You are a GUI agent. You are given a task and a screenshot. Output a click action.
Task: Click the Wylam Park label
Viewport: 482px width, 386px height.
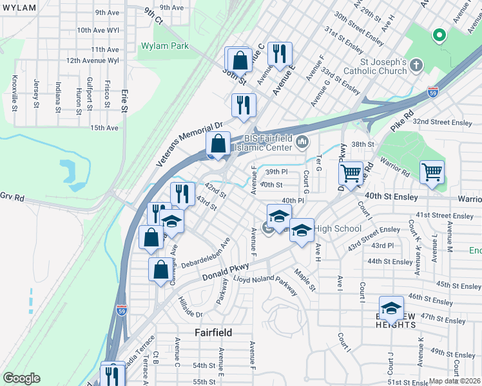click(164, 46)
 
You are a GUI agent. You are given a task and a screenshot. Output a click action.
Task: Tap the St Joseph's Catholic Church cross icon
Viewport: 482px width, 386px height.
click(416, 64)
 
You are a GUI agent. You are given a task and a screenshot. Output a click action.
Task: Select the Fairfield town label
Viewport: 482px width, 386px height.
click(213, 333)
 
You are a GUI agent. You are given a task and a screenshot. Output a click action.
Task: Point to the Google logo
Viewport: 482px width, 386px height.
click(21, 378)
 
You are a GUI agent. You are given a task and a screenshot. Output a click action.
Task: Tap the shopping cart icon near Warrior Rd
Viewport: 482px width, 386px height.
click(432, 172)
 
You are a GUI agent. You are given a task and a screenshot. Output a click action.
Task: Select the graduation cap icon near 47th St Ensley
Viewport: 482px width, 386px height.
click(391, 308)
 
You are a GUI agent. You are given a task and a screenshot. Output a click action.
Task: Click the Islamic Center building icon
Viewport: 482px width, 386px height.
click(302, 142)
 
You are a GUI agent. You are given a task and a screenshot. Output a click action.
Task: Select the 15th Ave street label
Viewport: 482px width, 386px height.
click(104, 128)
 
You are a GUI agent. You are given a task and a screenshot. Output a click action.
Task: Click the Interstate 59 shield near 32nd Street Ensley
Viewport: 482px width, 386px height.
click(433, 92)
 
